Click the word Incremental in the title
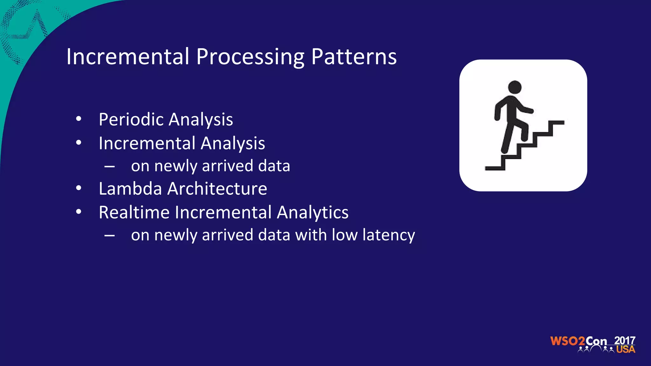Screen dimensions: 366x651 (x=128, y=57)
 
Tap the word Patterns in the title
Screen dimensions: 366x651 (x=354, y=57)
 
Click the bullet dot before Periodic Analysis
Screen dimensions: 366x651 (x=79, y=119)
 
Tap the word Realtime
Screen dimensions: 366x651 (x=134, y=212)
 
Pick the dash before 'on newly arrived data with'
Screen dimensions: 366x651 (x=109, y=236)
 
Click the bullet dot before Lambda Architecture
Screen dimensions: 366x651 (x=79, y=188)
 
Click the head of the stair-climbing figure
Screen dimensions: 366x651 (x=515, y=87)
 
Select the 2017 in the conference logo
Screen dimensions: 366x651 (x=625, y=340)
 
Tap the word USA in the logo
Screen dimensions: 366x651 (x=626, y=349)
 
